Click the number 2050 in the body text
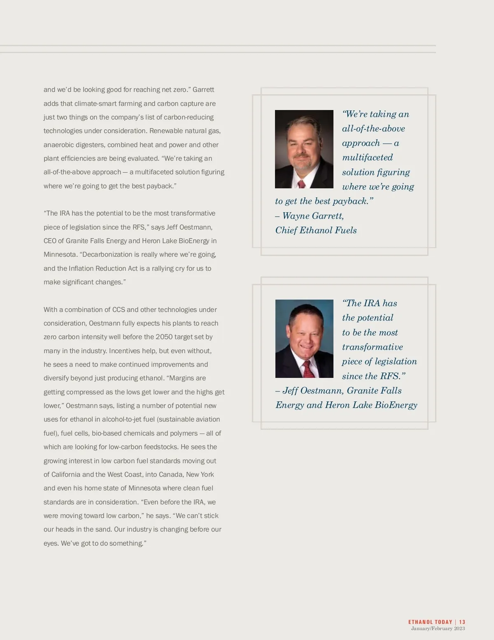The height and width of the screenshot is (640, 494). click(x=164, y=337)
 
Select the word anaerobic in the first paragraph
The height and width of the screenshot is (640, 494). click(x=58, y=145)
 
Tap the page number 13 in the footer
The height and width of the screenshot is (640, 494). click(x=462, y=622)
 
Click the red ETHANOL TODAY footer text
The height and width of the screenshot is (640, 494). click(x=430, y=622)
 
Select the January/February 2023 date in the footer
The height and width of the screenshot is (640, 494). click(x=438, y=628)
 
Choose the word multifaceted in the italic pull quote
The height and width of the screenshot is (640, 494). click(x=367, y=157)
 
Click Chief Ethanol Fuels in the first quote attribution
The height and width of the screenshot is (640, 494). click(x=316, y=230)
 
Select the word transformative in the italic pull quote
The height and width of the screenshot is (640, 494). click(x=372, y=347)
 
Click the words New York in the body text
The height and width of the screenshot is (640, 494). click(x=200, y=474)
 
